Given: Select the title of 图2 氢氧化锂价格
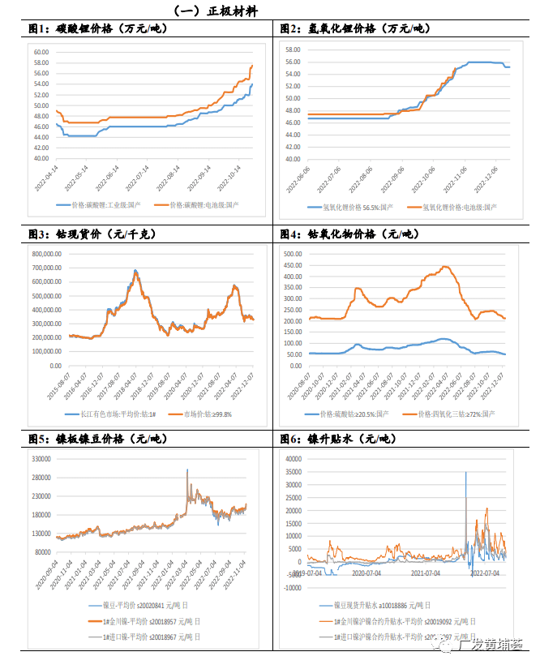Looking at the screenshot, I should (354, 28).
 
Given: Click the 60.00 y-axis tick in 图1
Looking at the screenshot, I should (40, 52).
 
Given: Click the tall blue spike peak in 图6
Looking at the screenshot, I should (465, 472).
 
